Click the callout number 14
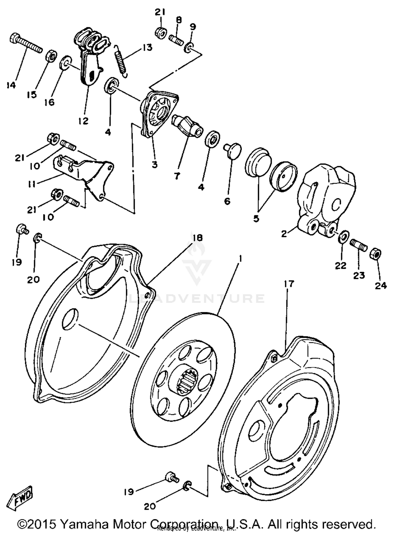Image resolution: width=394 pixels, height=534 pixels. coord(11,85)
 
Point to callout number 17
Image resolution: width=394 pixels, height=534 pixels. coord(289,284)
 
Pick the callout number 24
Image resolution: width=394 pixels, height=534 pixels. coord(381,286)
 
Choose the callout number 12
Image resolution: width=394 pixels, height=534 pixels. coord(83,121)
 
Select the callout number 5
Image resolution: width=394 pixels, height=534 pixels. coord(256,218)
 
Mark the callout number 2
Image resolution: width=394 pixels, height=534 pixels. coord(284,233)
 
